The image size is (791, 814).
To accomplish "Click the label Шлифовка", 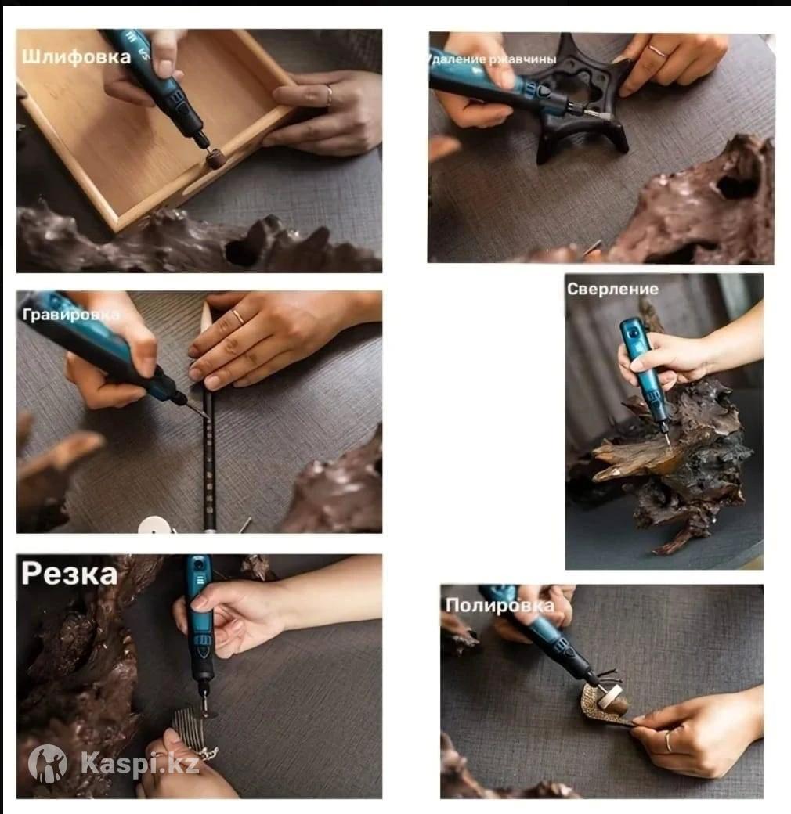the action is (76, 56).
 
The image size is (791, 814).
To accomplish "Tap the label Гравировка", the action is (70, 315).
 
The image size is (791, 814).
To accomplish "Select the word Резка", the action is (69, 574).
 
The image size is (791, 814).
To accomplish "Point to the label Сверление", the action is (612, 289).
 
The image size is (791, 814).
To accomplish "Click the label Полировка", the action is (500, 605).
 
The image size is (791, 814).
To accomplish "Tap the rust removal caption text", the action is (492, 59).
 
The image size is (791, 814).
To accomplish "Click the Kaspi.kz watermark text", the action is (139, 764).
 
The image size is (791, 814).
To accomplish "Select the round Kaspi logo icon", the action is (47, 764).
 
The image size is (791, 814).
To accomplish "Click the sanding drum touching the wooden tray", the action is (215, 159).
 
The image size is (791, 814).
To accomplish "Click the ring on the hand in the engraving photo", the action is (238, 316).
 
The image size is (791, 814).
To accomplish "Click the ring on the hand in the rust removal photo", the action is (658, 51).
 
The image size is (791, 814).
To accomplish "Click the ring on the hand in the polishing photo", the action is (668, 741).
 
